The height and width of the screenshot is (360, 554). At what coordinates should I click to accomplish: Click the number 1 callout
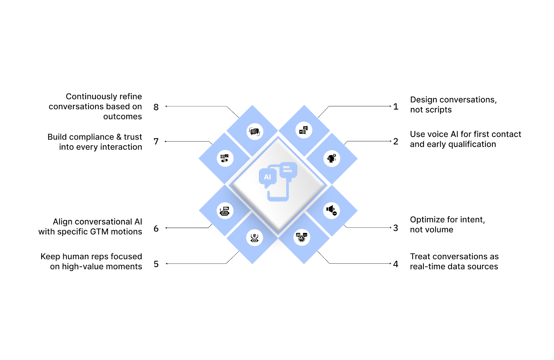point(396,107)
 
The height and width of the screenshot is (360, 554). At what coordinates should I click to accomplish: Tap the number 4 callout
point(396,264)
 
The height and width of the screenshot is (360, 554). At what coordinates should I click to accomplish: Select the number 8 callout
point(156,107)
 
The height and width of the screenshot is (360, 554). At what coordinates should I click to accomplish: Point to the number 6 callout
point(156,229)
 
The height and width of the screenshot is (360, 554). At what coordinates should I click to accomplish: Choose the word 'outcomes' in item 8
point(123,117)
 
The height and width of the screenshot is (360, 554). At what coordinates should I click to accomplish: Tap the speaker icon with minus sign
point(331,210)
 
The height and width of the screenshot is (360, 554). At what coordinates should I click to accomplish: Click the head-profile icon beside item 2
point(332,158)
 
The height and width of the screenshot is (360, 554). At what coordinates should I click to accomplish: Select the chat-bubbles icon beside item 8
point(254,132)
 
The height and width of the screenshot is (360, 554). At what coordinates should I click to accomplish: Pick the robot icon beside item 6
point(225,211)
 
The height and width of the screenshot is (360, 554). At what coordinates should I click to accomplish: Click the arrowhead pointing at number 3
point(391,228)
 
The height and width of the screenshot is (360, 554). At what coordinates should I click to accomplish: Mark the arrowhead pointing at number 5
point(167,264)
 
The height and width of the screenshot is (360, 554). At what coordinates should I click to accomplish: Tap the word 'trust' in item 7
point(133,137)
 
